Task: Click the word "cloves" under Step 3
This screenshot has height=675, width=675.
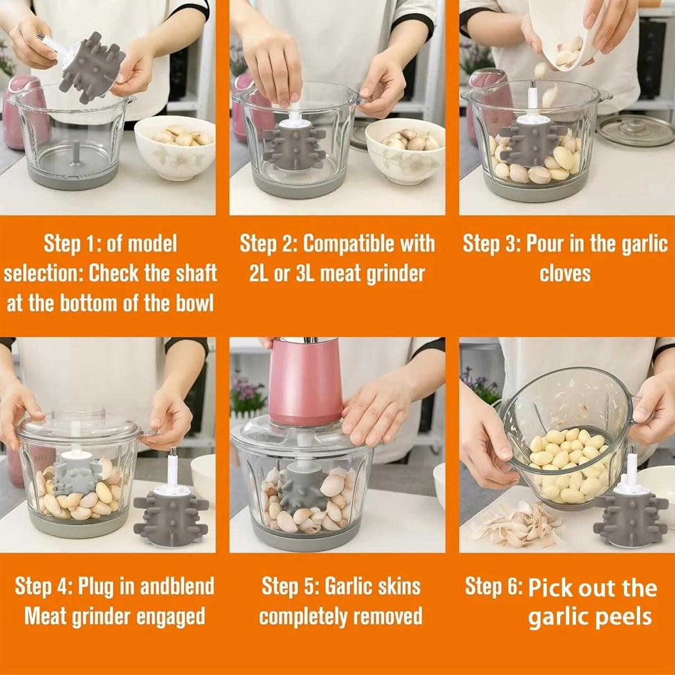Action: (565, 274)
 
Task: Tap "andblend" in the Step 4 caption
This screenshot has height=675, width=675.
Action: (177, 586)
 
